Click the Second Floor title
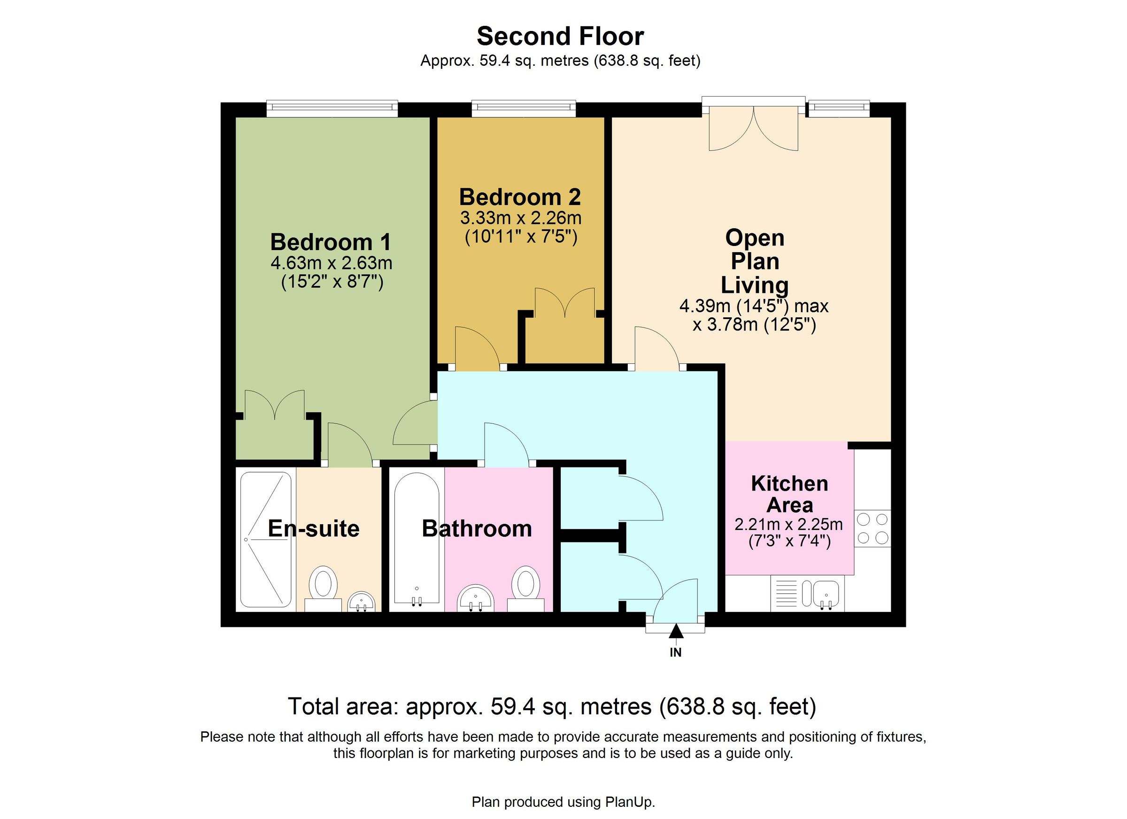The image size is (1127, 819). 560,36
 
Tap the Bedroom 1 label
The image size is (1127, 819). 331,242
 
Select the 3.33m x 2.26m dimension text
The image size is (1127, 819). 520,218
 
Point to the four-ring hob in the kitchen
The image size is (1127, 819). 872,528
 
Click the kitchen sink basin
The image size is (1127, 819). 826,594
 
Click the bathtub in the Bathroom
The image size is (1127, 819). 417,539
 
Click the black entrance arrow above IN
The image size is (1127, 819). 676,632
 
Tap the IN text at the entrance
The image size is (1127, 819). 676,652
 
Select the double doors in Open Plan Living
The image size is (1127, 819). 753,129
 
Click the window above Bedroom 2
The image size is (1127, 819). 523,108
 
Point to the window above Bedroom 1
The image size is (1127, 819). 332,108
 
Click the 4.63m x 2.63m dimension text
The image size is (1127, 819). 331,263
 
